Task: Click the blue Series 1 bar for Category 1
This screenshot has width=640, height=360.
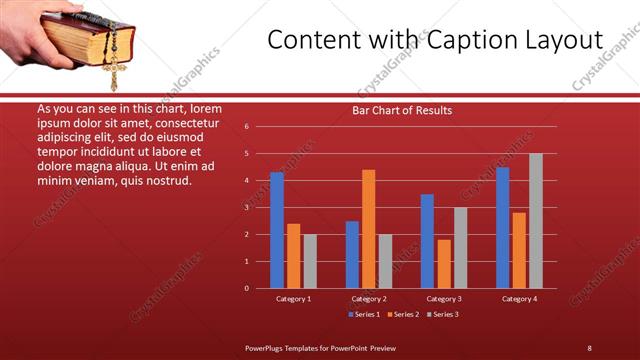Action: coord(277,230)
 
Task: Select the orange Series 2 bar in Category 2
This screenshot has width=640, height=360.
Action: coord(369,229)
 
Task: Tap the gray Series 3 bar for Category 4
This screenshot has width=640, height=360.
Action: coord(536,221)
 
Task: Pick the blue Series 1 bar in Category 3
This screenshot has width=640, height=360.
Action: coord(427,241)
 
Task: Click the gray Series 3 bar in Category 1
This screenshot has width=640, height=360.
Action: coord(310,261)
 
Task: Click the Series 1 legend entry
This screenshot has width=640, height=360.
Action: coord(365,314)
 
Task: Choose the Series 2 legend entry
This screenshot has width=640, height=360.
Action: coord(403,314)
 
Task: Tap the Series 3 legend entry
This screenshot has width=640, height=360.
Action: coord(442,314)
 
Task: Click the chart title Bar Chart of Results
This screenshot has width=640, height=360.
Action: coord(402,110)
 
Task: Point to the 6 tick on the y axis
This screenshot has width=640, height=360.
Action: coord(247,127)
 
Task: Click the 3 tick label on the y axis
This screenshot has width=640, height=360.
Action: coord(247,208)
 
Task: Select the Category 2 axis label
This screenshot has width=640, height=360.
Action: coord(369,299)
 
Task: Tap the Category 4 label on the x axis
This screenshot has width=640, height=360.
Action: coord(519,299)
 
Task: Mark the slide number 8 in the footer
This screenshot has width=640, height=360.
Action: coord(589,348)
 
